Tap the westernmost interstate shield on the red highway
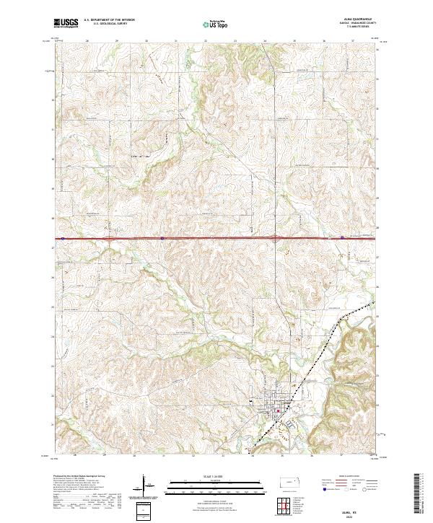(x=64, y=237)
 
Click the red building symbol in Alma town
(x=278, y=411)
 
